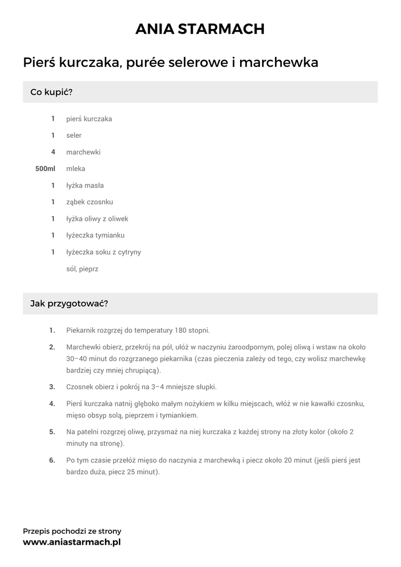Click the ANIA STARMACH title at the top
[200, 29]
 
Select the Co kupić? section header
[51, 92]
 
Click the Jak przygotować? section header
[69, 303]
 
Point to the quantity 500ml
[45, 169]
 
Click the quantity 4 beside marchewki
[53, 152]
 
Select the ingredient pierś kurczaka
[89, 119]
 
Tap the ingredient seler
[74, 136]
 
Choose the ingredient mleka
[76, 169]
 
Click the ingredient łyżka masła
[85, 185]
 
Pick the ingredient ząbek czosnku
[89, 202]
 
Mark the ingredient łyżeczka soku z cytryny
[103, 252]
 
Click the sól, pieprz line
[82, 269]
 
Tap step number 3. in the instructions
[52, 386]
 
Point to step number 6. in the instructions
[52, 460]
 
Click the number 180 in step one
[180, 331]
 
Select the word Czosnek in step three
[80, 386]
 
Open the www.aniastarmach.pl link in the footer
[71, 543]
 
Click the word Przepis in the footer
[36, 531]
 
